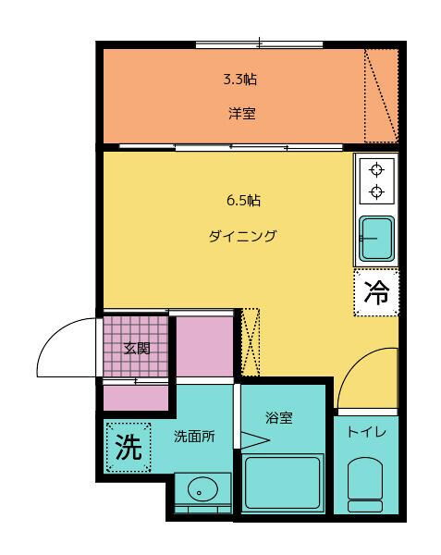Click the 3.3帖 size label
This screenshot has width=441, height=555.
(x=239, y=80)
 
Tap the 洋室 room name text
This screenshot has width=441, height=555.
(x=242, y=114)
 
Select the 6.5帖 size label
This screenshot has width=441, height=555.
(x=243, y=201)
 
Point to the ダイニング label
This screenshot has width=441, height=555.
(x=242, y=236)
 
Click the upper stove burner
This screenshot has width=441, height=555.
(x=376, y=170)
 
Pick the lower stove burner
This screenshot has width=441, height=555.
(x=376, y=191)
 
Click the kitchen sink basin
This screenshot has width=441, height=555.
(x=376, y=239)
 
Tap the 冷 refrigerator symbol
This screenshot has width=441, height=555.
(x=376, y=292)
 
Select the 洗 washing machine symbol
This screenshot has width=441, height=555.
(x=129, y=448)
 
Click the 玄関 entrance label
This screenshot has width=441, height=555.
(x=137, y=349)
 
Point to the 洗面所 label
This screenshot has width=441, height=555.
(x=194, y=437)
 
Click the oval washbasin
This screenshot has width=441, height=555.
(x=202, y=489)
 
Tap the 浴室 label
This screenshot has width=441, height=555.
(x=279, y=418)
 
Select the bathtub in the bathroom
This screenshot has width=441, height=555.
(x=283, y=483)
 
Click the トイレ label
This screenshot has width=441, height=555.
(x=367, y=432)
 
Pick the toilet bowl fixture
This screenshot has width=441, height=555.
(x=365, y=485)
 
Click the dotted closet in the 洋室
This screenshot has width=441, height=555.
(x=382, y=96)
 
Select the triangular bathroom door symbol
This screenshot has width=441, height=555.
(x=255, y=440)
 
